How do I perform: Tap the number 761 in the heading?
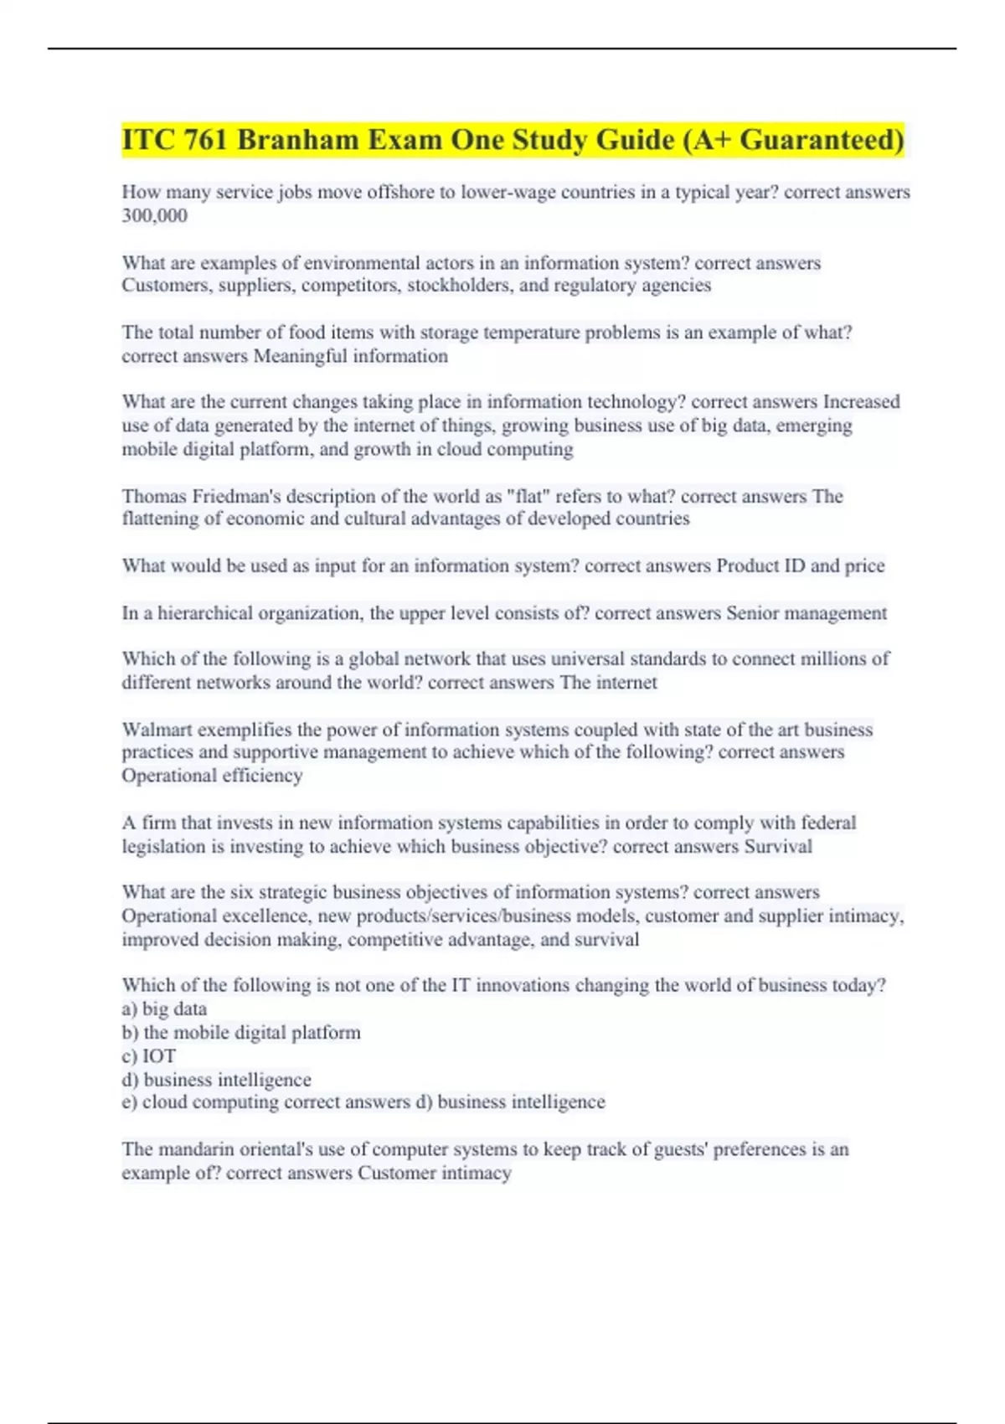point(206,140)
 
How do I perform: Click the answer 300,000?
point(155,215)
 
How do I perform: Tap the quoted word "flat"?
point(532,496)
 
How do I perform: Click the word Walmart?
point(157,730)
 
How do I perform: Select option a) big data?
point(165,1009)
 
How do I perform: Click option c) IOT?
point(149,1056)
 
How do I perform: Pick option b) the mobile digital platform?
point(241,1033)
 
